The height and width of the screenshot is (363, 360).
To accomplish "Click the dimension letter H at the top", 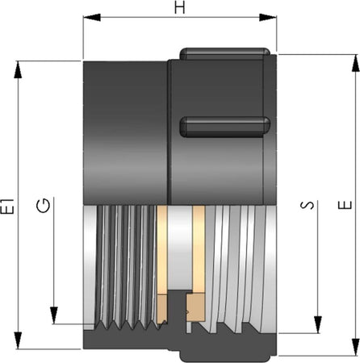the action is coord(180,6).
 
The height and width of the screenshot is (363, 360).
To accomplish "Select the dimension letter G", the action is coord(43,206).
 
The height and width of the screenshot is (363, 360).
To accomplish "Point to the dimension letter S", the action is coord(307,205).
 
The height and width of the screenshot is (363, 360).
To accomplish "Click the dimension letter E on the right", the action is coord(345,206).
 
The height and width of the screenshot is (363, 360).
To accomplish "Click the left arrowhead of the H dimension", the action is coord(92,18).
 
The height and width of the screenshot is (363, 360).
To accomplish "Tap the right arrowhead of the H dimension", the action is coord(268,18).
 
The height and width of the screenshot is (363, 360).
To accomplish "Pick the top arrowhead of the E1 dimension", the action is coord(18,69).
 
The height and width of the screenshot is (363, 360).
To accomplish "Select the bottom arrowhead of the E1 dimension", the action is coord(18,340).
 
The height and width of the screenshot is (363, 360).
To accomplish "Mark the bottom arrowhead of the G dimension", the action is coord(54,315).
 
